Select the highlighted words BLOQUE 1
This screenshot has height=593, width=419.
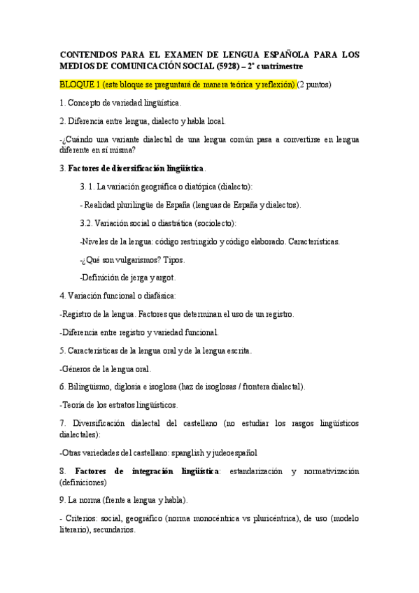(x=79, y=85)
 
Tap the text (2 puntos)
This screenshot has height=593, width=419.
(x=314, y=85)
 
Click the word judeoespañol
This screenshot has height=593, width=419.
(x=234, y=452)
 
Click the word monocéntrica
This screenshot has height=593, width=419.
(x=222, y=518)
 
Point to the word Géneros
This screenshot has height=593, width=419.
(x=78, y=369)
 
